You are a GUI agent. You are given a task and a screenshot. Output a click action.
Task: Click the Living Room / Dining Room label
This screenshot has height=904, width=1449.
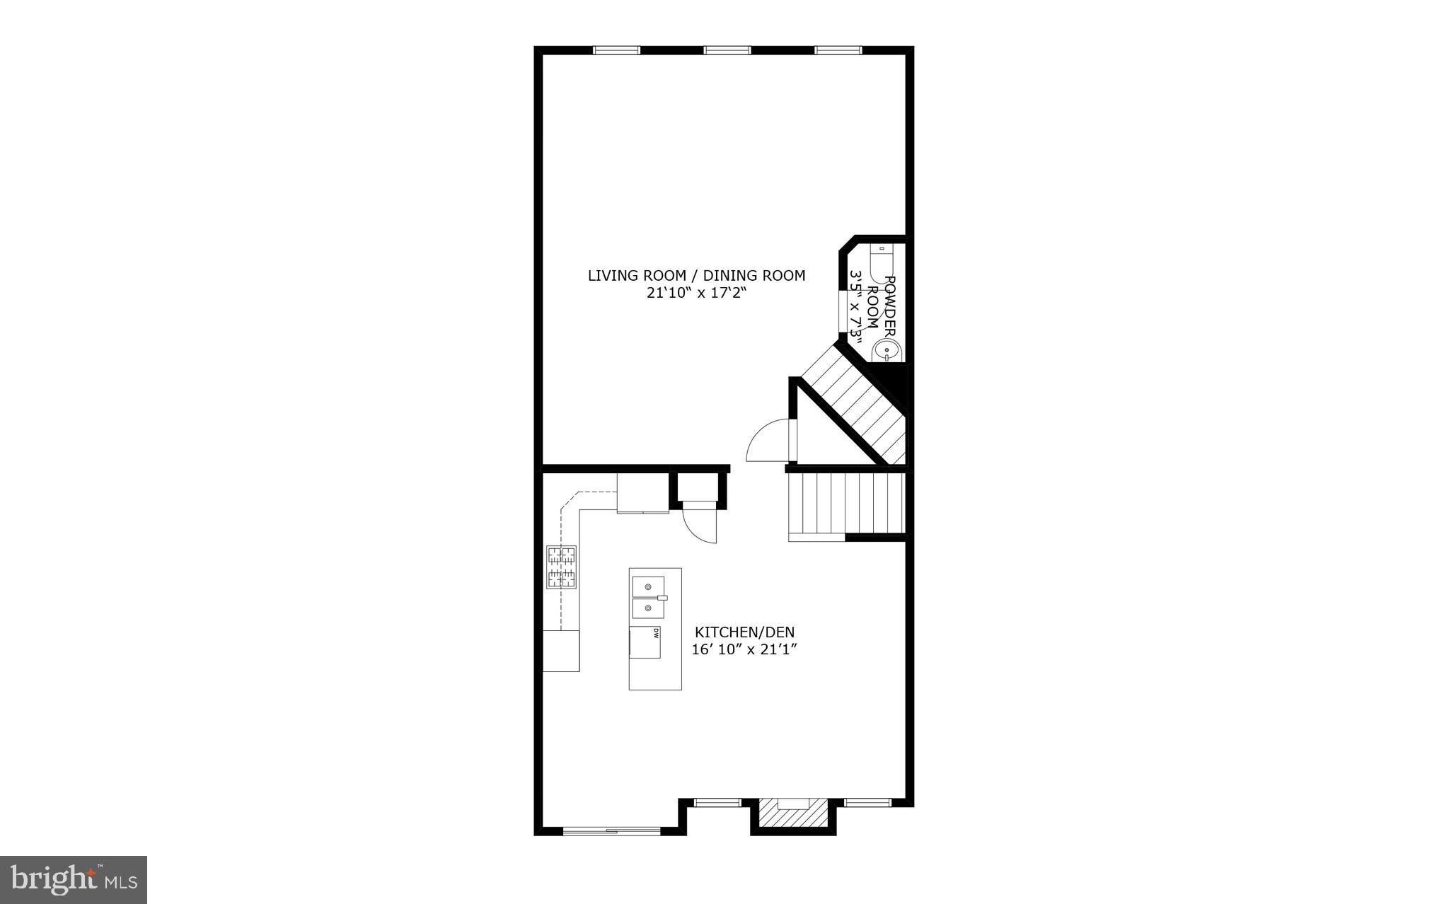(x=696, y=276)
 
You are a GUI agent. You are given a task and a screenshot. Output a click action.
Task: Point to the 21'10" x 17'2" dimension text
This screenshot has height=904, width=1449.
(x=696, y=294)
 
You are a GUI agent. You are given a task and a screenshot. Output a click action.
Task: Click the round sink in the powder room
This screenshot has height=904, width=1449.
(x=887, y=350)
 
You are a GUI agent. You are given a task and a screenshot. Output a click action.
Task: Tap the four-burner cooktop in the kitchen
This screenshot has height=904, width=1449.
(x=561, y=567)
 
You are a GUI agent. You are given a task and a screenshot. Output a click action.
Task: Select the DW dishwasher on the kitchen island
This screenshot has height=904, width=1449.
(x=645, y=642)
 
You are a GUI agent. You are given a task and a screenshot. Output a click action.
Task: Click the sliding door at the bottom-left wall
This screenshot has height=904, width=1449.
(x=611, y=830)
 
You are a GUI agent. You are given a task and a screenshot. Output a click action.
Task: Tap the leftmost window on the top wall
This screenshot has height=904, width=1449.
(x=616, y=50)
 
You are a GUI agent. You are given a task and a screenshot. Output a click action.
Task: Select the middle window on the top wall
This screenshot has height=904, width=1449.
(x=727, y=50)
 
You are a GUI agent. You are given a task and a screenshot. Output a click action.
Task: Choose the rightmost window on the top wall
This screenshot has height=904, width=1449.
(x=838, y=50)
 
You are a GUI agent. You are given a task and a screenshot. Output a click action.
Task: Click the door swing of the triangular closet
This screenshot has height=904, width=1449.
(x=770, y=441)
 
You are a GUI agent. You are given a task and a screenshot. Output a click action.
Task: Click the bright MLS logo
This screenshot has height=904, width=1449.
(x=74, y=879)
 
